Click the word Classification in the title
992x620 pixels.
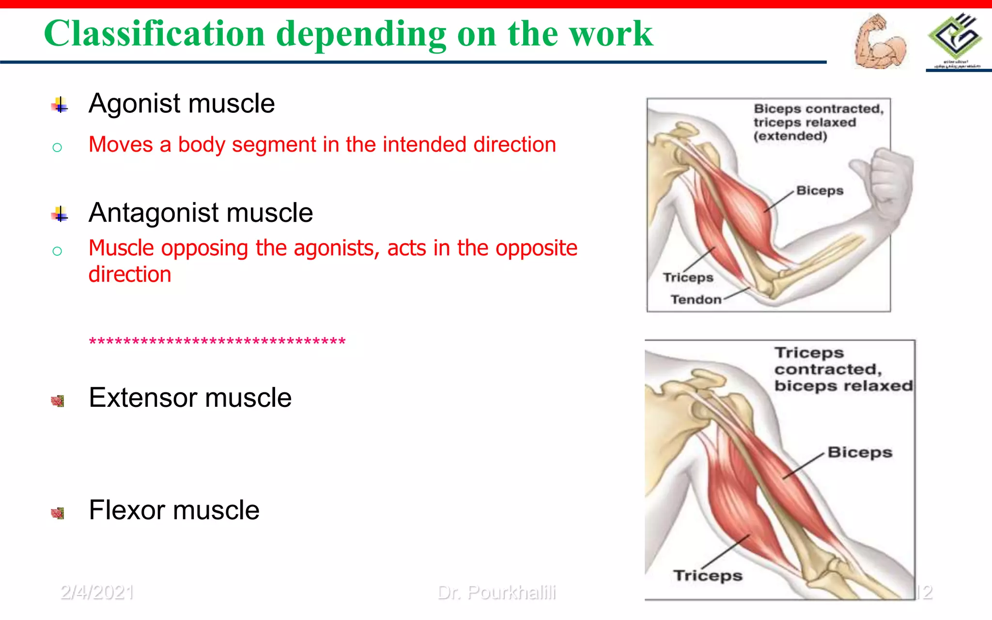coord(154,34)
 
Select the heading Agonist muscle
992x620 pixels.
coord(182,104)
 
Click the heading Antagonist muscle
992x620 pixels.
coord(201,213)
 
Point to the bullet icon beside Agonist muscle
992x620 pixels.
coord(60,105)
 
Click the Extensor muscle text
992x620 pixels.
coord(190,398)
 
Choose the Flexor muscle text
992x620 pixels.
coord(174,510)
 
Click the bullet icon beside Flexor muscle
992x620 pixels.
coord(58,513)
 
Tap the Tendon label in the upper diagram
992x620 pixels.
coord(696,300)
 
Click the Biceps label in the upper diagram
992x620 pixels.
coord(820,191)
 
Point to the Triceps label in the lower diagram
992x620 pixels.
coord(708,575)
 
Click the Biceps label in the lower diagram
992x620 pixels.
coord(860,452)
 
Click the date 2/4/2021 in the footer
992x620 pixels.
coord(97,592)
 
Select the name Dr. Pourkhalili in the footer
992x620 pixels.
coord(496,592)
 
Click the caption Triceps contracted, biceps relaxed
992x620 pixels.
coord(843,370)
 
